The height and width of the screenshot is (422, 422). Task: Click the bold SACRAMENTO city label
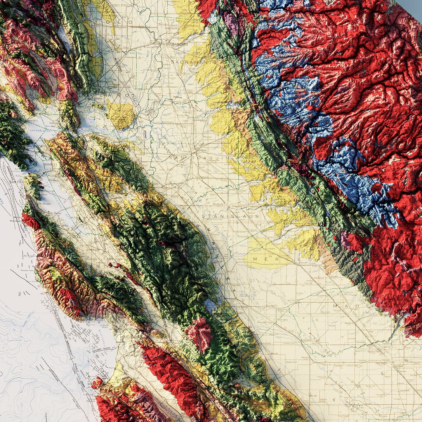(177, 44)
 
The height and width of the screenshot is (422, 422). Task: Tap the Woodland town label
(119, 27)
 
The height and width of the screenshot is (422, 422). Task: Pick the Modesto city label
(218, 204)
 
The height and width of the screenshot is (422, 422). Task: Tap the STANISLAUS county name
(230, 216)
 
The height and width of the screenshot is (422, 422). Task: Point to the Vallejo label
(54, 123)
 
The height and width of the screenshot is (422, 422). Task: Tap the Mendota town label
(306, 357)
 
